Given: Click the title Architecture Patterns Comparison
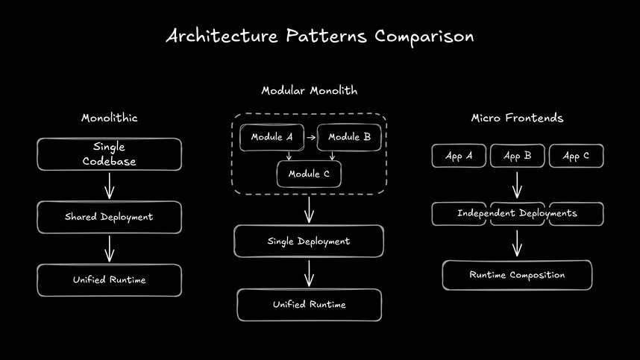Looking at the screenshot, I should tap(319, 37).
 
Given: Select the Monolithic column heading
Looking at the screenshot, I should tap(109, 118).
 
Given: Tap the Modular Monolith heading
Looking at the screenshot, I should tap(309, 90).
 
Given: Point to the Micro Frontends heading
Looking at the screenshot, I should tap(517, 118).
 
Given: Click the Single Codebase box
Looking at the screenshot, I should tap(109, 154).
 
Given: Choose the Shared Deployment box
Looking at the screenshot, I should tap(109, 217).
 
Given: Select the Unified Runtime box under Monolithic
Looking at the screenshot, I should tap(109, 280).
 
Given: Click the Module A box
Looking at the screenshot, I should tap(272, 137).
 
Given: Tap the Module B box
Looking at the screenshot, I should tap(349, 137).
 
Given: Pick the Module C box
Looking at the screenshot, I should tap(309, 174).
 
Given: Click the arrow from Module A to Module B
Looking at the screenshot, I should tap(310, 138).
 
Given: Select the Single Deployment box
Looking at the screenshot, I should tap(309, 241).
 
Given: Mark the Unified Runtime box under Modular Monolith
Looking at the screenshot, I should tap(309, 305).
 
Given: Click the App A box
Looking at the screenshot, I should tap(459, 156).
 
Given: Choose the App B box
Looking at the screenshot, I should tap(517, 156).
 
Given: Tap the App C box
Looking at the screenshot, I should tap(576, 156).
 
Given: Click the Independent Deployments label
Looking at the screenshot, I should tap(517, 214).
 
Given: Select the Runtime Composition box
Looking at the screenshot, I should tap(517, 275).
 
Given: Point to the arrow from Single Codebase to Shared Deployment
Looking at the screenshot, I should tap(109, 185).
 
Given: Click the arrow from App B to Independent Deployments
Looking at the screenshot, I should tap(517, 184).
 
